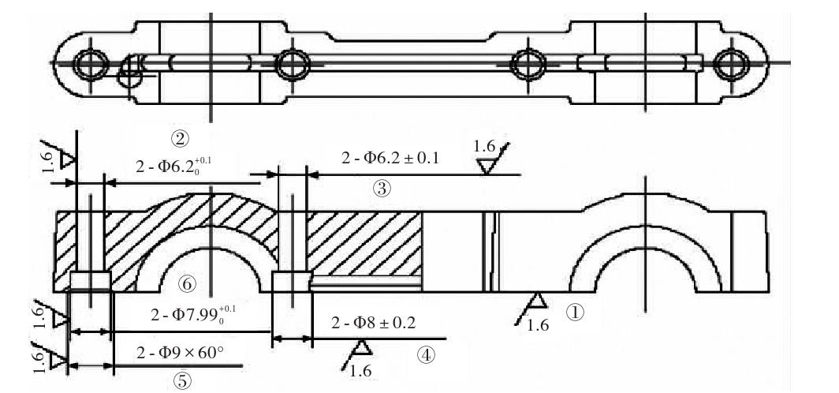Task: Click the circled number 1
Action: click(x=577, y=312)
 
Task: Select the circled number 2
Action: click(x=180, y=138)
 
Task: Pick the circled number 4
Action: click(x=426, y=355)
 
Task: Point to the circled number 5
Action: click(x=181, y=380)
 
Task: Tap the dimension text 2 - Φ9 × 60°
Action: click(x=180, y=351)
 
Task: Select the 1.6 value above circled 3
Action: click(x=484, y=146)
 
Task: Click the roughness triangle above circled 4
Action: click(x=362, y=347)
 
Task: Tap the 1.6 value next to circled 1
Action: click(x=538, y=324)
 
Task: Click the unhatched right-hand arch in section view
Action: click(x=645, y=268)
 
